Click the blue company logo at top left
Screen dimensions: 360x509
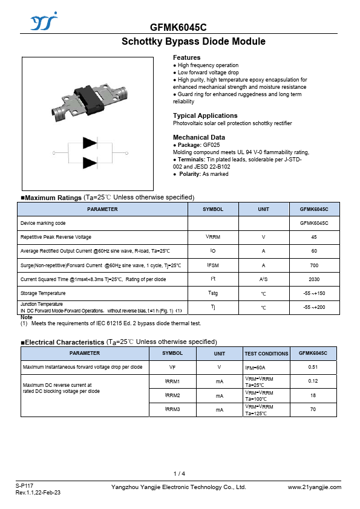coord(44,21)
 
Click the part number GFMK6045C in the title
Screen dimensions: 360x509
coord(178,27)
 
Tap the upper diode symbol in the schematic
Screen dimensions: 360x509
coord(90,143)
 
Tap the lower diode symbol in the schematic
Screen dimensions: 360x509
coord(90,163)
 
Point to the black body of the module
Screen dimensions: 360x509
coord(88,97)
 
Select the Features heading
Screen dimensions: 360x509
coord(186,57)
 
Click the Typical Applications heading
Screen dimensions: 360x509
coord(205,115)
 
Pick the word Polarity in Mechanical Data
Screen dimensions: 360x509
coord(190,174)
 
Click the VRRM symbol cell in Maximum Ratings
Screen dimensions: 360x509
coord(213,237)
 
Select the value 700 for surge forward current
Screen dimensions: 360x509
coord(314,265)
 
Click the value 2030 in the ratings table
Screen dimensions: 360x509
coord(314,279)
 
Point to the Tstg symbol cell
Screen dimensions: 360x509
coord(213,293)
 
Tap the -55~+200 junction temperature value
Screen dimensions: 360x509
coord(314,307)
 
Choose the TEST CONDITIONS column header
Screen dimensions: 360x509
coord(266,354)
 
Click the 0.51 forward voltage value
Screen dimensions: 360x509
coord(313,367)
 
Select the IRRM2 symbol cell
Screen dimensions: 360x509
coord(172,395)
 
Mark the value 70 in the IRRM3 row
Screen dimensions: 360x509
coord(313,409)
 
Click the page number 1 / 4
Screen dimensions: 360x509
coord(179,473)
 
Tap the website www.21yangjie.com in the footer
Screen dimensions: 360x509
coord(315,487)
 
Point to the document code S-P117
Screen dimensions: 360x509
coord(24,485)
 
